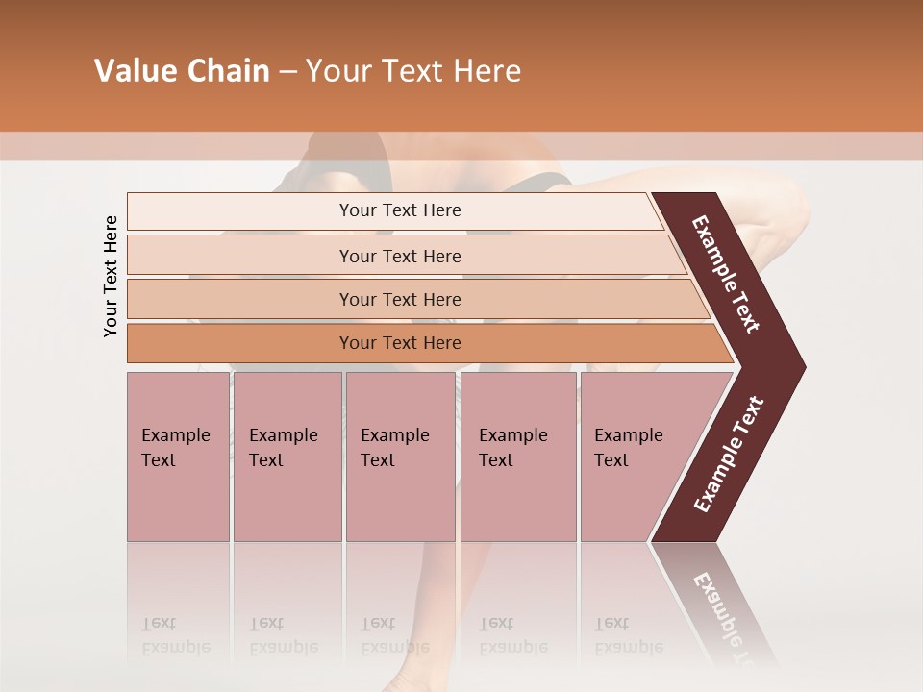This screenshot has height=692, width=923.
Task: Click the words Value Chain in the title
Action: (x=182, y=71)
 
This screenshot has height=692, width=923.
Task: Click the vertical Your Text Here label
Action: (x=111, y=276)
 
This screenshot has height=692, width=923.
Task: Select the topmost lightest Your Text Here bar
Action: (x=399, y=210)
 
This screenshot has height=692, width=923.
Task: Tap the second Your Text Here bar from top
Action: (x=399, y=256)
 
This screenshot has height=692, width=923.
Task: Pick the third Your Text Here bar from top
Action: (x=399, y=299)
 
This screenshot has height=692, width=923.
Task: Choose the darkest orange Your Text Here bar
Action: (x=399, y=343)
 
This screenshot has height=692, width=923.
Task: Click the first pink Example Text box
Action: (x=178, y=457)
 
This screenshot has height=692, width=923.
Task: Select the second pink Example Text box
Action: (x=287, y=457)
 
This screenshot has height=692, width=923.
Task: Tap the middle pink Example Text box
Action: (x=400, y=457)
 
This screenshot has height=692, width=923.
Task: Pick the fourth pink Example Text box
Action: (x=518, y=457)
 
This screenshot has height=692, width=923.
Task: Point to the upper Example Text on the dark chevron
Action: (x=727, y=274)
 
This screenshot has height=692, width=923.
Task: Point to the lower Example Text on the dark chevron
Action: (x=728, y=454)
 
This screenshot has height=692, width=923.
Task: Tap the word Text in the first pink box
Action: (x=159, y=460)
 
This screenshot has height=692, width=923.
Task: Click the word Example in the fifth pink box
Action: (x=629, y=435)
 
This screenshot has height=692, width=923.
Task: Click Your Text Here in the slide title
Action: (x=413, y=71)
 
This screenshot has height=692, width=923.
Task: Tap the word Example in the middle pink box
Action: (x=394, y=435)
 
